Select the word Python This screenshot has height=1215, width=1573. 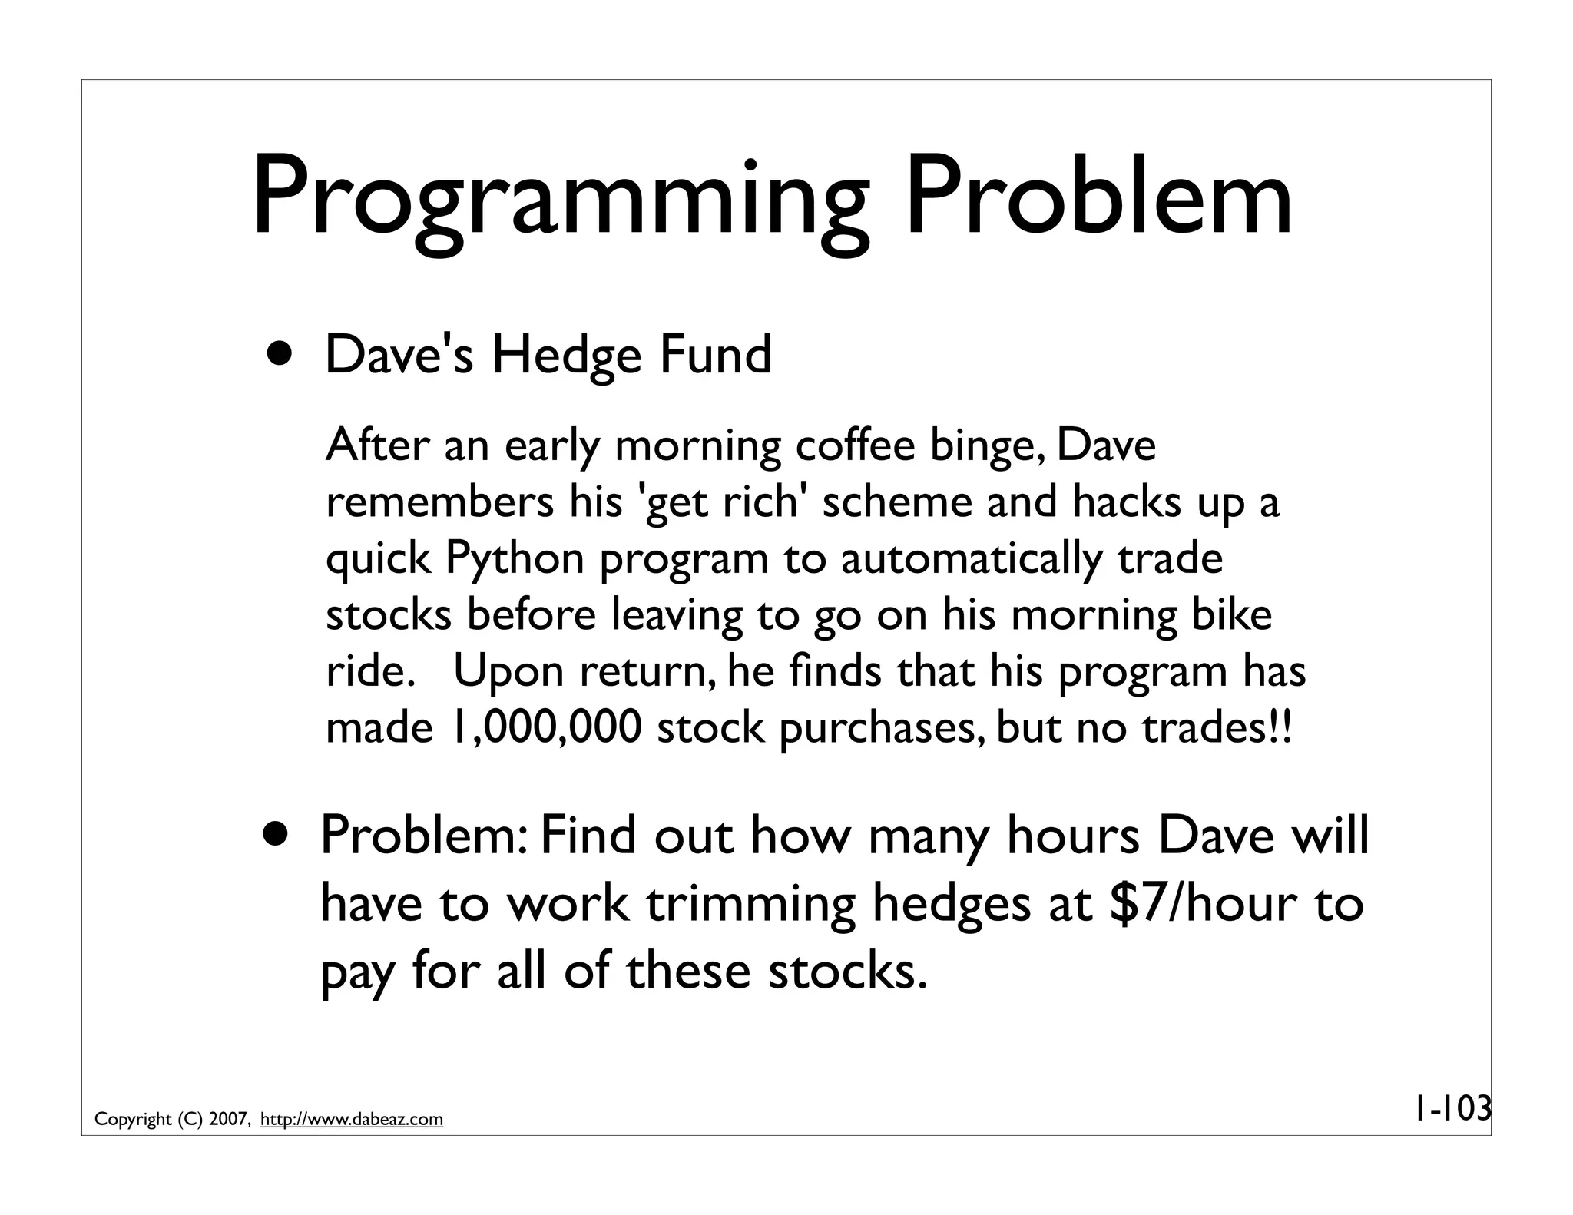[x=515, y=559]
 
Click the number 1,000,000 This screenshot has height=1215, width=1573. [x=545, y=728]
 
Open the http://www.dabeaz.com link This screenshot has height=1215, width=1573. [x=352, y=1119]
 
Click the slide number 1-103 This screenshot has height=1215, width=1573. [x=1452, y=1108]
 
